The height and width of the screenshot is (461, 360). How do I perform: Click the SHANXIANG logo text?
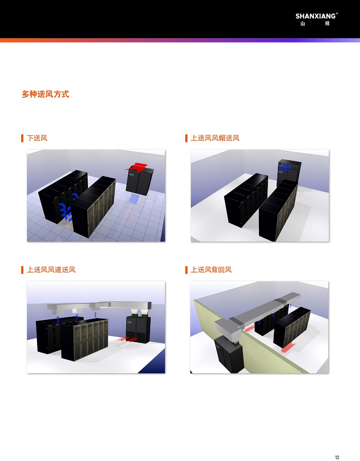coord(316,16)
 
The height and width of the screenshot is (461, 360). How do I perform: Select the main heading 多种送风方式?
coord(45,94)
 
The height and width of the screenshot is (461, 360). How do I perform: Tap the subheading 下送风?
coord(37,138)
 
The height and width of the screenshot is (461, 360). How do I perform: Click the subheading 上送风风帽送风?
coord(215,138)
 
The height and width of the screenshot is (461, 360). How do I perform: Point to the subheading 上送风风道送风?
coord(51,270)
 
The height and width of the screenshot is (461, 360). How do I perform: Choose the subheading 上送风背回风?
coord(211,270)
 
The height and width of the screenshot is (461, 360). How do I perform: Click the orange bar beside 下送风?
coord(22,138)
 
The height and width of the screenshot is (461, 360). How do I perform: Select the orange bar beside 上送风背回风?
coord(186,270)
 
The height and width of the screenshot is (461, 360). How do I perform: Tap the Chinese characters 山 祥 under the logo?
coord(315,24)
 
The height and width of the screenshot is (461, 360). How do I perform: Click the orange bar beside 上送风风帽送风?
coord(186,138)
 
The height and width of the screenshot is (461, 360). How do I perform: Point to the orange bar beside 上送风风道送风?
coord(22,270)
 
